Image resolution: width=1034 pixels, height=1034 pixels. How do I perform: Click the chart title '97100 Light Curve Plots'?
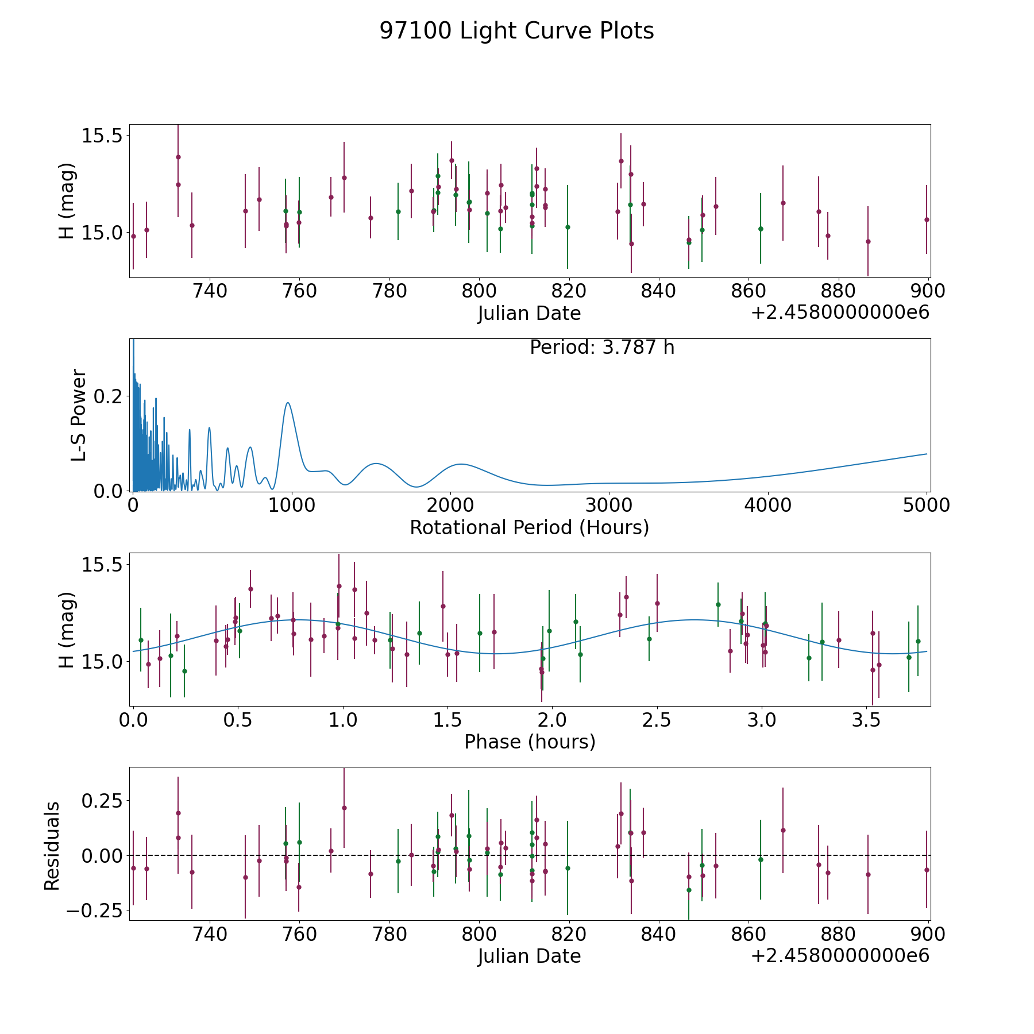pos(516,31)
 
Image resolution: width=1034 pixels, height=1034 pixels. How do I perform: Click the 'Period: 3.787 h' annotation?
pos(602,348)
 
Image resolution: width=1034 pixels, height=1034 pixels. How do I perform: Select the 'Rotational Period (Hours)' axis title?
pos(529,527)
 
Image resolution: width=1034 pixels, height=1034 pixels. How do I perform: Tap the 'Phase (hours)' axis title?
pos(530,742)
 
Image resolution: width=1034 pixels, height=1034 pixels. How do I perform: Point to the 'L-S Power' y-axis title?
pos(79,415)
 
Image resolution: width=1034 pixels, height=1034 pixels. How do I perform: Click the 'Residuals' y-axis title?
pos(52,846)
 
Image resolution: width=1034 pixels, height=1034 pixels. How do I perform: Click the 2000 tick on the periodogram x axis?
pos(450,505)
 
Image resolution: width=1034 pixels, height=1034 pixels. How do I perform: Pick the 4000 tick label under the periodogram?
pos(768,505)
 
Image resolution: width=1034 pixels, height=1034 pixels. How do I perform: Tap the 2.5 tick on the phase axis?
pos(657,719)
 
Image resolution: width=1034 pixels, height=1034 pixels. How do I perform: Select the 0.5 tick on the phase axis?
pos(238,719)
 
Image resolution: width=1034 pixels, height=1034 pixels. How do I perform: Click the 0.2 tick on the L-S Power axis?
pos(109,396)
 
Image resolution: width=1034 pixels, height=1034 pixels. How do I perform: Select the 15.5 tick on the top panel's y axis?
pos(102,136)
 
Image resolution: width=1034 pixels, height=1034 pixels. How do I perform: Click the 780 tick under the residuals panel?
pos(389,934)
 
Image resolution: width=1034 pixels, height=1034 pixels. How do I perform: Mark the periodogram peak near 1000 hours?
pos(288,403)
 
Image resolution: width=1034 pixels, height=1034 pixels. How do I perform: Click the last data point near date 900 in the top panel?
pos(927,219)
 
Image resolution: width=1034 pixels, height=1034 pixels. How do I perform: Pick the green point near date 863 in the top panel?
pos(761,229)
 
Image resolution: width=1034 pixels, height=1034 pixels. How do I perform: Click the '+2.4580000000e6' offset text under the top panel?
pos(840,313)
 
